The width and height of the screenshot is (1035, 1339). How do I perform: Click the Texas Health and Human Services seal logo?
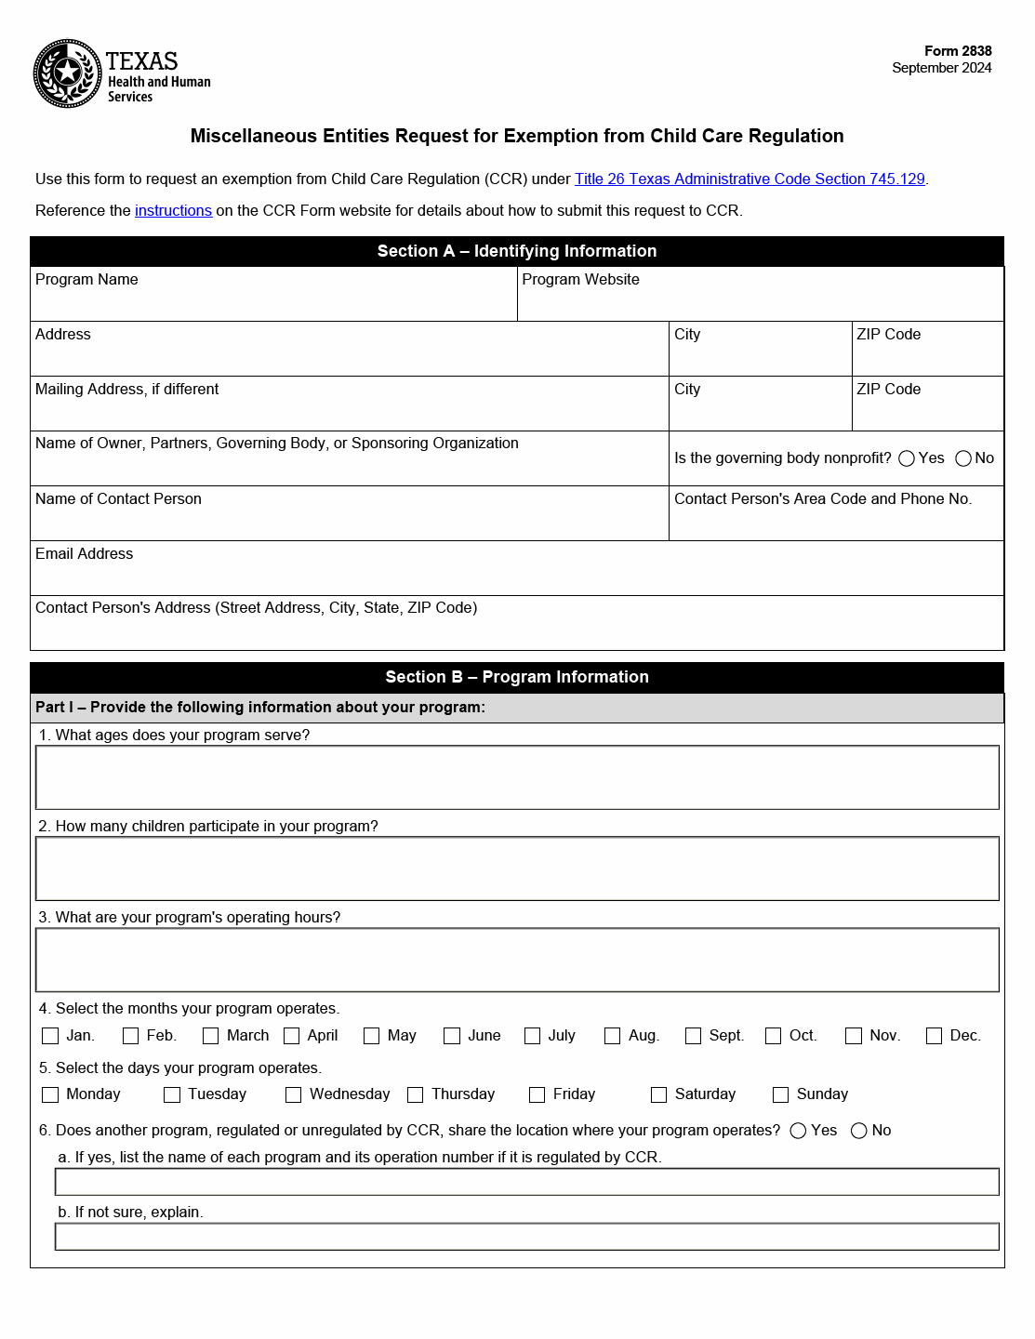coord(68,73)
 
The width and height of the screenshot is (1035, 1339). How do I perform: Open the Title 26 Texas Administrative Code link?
coord(750,179)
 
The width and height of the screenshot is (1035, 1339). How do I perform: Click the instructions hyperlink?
coord(173,210)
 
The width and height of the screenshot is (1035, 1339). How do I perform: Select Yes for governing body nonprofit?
coord(907,458)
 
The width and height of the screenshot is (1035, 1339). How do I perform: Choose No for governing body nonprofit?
coord(963,458)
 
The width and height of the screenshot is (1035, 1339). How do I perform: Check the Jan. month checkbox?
coord(51,1036)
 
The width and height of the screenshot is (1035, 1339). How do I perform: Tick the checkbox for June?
coord(452,1036)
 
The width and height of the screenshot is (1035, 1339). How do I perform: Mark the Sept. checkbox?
coord(693,1036)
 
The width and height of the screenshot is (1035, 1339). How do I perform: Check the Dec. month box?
coord(935,1036)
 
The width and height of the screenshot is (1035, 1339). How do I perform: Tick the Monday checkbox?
coord(51,1094)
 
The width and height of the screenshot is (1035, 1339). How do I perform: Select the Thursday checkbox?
coord(416,1094)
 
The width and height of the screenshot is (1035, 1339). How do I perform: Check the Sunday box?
coord(781,1094)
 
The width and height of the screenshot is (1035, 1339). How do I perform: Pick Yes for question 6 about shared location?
coord(798,1131)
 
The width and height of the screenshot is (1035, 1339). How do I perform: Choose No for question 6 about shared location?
coord(859,1131)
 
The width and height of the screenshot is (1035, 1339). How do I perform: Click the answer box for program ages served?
coord(517,777)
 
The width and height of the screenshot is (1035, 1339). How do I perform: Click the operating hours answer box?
coord(517,960)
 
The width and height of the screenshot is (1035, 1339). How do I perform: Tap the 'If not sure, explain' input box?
coord(526,1237)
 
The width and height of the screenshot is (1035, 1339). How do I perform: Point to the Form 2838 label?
coord(958,51)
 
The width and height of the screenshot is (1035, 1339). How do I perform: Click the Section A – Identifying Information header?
coord(517,251)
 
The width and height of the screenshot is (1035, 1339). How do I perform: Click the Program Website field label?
coord(580,280)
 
